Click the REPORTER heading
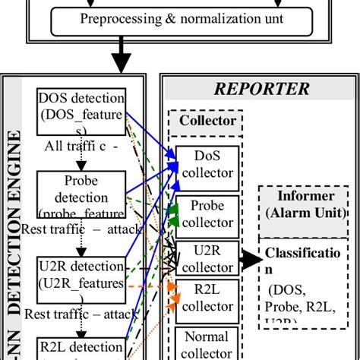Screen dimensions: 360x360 261,89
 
